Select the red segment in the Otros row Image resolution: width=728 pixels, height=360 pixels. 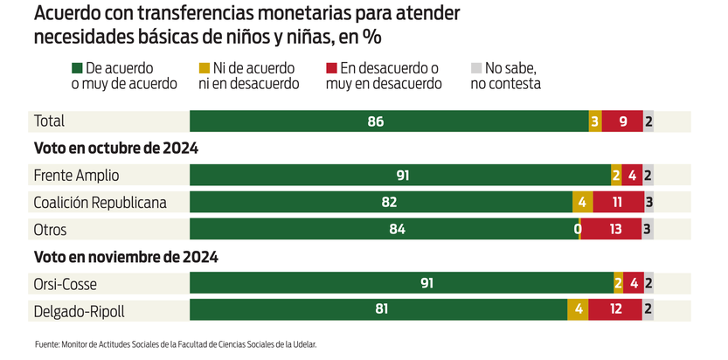tap(612, 230)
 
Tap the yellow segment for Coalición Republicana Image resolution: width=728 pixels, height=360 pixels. tap(582, 203)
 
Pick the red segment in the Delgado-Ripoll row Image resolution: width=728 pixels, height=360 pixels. tap(614, 309)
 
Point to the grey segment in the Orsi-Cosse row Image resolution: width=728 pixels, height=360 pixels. tap(648, 283)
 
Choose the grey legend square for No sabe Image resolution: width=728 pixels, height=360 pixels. tap(475, 68)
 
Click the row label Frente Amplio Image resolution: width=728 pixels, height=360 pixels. tap(75, 176)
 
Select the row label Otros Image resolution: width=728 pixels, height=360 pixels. tap(50, 230)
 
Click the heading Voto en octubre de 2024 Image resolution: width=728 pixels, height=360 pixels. tap(115, 149)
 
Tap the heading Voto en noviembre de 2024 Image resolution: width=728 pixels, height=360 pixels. tap(125, 257)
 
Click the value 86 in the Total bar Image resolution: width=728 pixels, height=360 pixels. tap(376, 121)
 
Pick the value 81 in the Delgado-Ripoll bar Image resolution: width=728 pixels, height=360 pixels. tap(379, 309)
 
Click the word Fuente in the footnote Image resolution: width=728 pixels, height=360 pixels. tap(47, 344)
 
